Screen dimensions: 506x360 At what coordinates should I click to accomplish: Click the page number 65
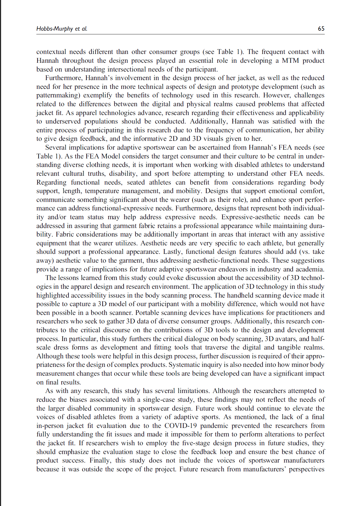tap(321, 28)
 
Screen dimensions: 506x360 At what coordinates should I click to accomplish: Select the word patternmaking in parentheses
tap(57, 95)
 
